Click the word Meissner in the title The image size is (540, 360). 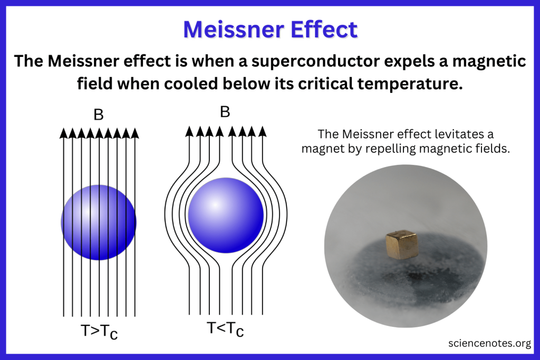pyautogui.click(x=234, y=30)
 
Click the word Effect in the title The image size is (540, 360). pyautogui.click(x=324, y=30)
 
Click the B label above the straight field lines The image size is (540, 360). pyautogui.click(x=99, y=115)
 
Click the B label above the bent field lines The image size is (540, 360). pyautogui.click(x=225, y=112)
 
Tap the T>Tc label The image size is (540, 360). pyautogui.click(x=99, y=332)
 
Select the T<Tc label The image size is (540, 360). pyautogui.click(x=225, y=329)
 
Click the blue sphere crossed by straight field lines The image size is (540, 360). pyautogui.click(x=99, y=222)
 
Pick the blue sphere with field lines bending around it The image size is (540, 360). pyautogui.click(x=226, y=216)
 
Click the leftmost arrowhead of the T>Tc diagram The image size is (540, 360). pyautogui.click(x=63, y=133)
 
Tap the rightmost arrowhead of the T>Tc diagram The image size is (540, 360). pyautogui.click(x=135, y=133)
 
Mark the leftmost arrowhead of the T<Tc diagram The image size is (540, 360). pyautogui.click(x=189, y=131)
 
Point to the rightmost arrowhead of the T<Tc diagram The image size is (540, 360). pyautogui.click(x=263, y=131)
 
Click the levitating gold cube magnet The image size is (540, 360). pyautogui.click(x=402, y=245)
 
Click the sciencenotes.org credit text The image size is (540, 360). pyautogui.click(x=489, y=343)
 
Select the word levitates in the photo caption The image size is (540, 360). pyautogui.click(x=440, y=134)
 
